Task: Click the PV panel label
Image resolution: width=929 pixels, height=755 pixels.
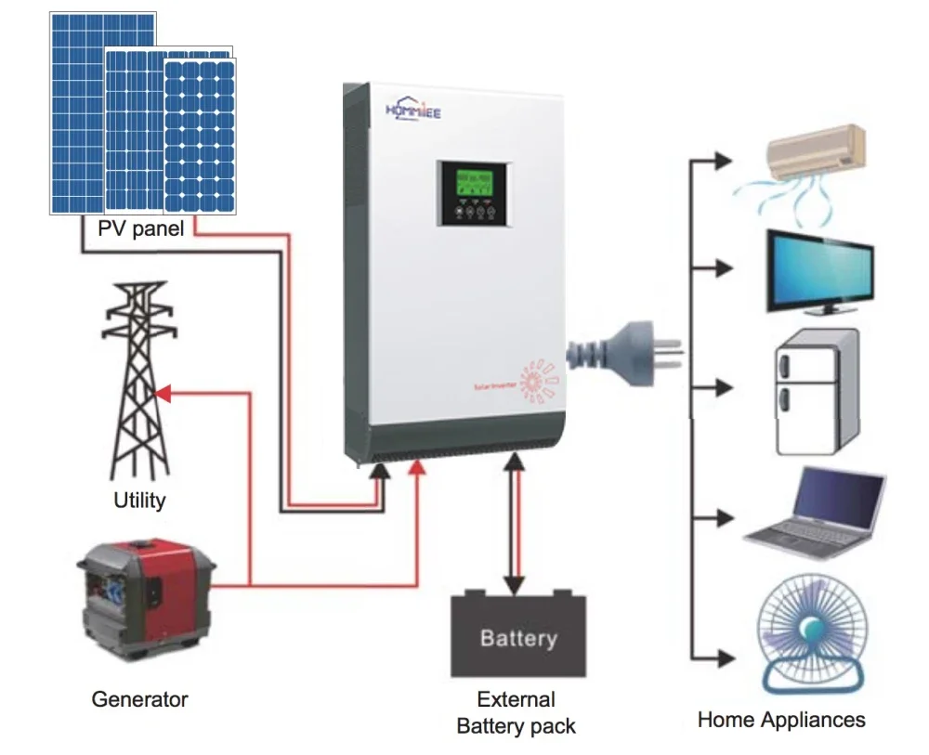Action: [139, 229]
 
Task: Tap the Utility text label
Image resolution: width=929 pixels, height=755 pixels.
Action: [139, 501]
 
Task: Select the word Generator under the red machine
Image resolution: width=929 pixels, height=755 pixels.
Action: [139, 699]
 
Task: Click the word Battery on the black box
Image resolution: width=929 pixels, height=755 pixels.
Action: [518, 638]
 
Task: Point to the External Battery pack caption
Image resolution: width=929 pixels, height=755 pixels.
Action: [517, 713]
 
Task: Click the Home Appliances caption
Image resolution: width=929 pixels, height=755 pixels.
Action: [781, 720]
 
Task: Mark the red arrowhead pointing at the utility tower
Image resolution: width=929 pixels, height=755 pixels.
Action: [161, 394]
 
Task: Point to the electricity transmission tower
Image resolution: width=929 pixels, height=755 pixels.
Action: [140, 381]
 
